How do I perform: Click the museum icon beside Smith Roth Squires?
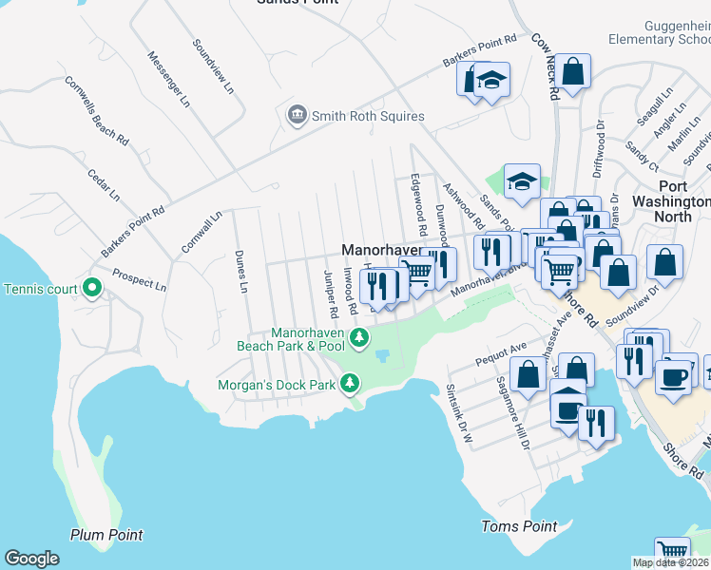[297, 116]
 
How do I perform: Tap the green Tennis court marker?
[92, 288]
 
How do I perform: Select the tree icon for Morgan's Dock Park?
[351, 383]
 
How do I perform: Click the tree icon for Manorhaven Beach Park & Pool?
[359, 336]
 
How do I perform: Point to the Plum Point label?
[106, 535]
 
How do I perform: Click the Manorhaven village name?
[381, 249]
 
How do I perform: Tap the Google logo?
[31, 559]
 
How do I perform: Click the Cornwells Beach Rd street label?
[96, 108]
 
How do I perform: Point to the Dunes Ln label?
[241, 272]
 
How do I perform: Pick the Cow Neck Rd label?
[543, 68]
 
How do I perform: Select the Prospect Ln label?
[139, 279]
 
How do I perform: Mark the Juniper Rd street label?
[330, 294]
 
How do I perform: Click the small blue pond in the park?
[383, 355]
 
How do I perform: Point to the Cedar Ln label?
[104, 185]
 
